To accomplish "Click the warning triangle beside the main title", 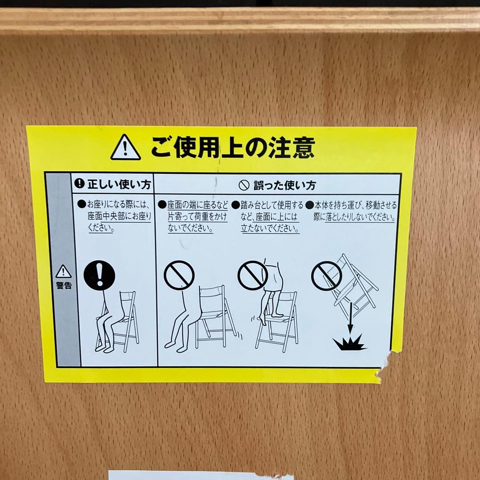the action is pos(125,148).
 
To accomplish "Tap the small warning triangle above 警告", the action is pos(64,272).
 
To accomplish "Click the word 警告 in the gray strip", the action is pos(64,286).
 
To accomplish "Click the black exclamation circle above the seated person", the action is pos(100,275).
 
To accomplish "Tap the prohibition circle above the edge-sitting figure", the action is pos(179,275).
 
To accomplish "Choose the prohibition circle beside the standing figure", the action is pos(253,275).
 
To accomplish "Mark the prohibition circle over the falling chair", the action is pos(327,276).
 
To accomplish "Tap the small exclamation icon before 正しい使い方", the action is pos(79,184).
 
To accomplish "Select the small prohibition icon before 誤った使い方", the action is pos(244,185).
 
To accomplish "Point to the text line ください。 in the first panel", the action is pos(101,228).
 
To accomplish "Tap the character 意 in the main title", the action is pos(304,148).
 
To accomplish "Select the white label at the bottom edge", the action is pos(201,476).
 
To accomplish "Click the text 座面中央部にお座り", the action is pos(120,216).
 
